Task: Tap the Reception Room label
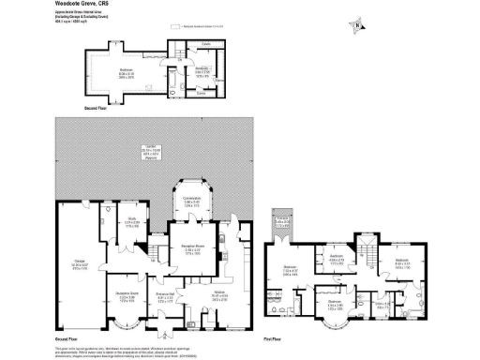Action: click(193, 250)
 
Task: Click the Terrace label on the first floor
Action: click(282, 221)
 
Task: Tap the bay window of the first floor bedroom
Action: click(334, 325)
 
